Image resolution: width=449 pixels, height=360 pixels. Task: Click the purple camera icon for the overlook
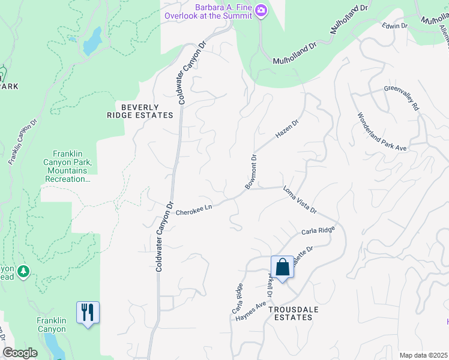261,10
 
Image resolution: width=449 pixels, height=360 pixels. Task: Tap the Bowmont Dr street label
251,173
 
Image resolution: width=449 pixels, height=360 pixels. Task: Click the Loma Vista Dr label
300,202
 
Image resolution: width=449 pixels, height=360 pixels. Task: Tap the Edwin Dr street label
396,26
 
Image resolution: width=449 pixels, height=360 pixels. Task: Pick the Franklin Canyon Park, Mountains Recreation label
67,166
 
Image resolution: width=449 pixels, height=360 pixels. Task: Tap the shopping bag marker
282,267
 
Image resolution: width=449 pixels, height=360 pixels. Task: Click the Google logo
20,353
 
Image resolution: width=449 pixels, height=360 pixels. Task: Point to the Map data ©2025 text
423,355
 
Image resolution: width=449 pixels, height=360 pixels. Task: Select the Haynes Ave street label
251,310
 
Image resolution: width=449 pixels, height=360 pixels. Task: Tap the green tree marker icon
23,272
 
